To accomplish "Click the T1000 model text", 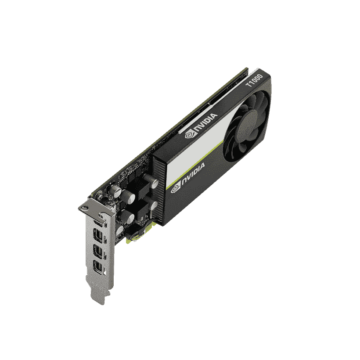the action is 254,80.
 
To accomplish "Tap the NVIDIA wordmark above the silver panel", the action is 206,122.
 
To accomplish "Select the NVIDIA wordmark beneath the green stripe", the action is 193,172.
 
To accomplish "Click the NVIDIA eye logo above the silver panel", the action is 190,134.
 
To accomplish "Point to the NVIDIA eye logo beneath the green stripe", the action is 176,189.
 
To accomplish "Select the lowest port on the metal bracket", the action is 98,267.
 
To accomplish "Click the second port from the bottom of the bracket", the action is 98,251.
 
